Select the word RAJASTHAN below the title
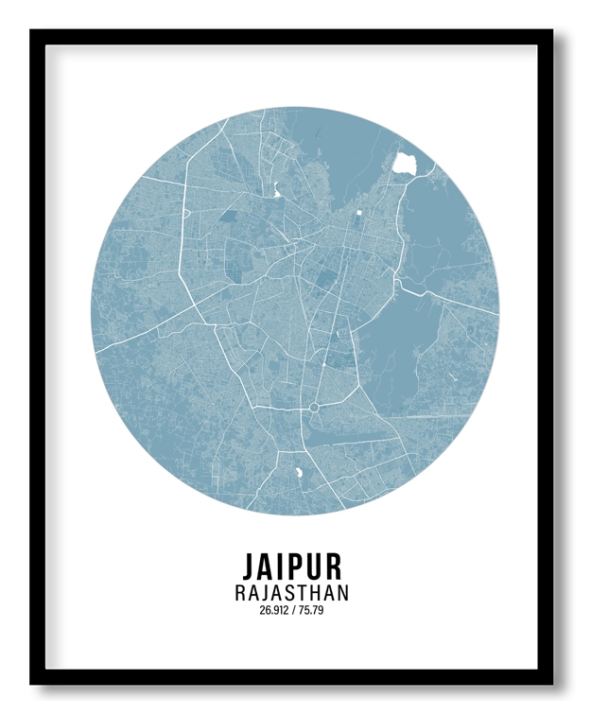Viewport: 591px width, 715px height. point(291,594)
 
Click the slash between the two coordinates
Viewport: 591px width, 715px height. point(294,611)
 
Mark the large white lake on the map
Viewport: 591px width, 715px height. point(407,162)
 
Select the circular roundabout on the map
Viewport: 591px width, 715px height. point(314,408)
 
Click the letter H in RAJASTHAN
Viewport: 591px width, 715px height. point(315,594)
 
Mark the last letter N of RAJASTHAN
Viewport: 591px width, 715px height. point(341,594)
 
